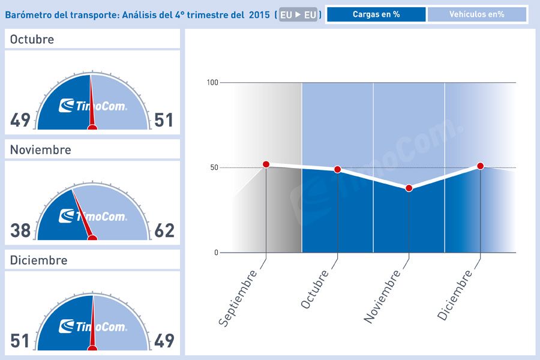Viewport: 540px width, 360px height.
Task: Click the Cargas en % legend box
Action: [x=376, y=14]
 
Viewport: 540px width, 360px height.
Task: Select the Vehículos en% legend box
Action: [x=477, y=14]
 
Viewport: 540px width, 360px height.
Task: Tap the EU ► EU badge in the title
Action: [x=298, y=15]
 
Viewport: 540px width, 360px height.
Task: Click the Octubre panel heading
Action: [x=32, y=40]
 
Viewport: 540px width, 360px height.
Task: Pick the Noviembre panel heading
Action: [x=40, y=150]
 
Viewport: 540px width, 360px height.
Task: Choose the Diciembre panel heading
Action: [x=38, y=260]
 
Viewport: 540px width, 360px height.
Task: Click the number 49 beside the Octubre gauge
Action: [x=20, y=121]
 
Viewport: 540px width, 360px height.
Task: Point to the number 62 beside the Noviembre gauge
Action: [x=164, y=230]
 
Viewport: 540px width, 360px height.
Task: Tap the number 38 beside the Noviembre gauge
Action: [x=20, y=230]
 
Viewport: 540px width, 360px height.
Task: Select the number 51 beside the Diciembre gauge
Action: [x=20, y=341]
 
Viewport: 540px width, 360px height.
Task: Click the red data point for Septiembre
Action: [x=266, y=164]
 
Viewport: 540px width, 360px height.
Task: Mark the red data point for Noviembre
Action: [x=409, y=188]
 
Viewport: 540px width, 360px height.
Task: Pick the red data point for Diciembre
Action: [x=480, y=166]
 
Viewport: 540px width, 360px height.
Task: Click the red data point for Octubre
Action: [x=337, y=169]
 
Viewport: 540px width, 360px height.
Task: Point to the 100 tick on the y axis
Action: [x=212, y=82]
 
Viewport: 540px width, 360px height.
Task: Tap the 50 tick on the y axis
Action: [x=214, y=167]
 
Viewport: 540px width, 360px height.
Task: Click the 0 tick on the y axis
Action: [x=216, y=253]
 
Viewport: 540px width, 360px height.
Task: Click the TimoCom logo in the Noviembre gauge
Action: [x=93, y=217]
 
